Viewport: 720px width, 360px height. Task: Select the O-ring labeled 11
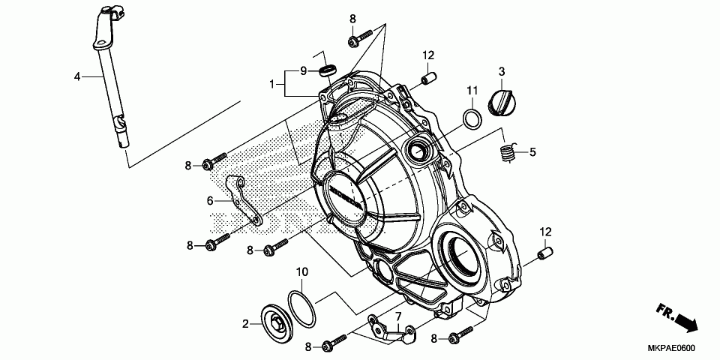tap(471, 118)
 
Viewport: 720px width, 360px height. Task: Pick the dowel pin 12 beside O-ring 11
tap(429, 77)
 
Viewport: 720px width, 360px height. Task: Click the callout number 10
tap(301, 271)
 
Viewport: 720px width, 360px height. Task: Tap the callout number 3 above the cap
tap(502, 71)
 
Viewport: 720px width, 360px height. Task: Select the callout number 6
tap(211, 200)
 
